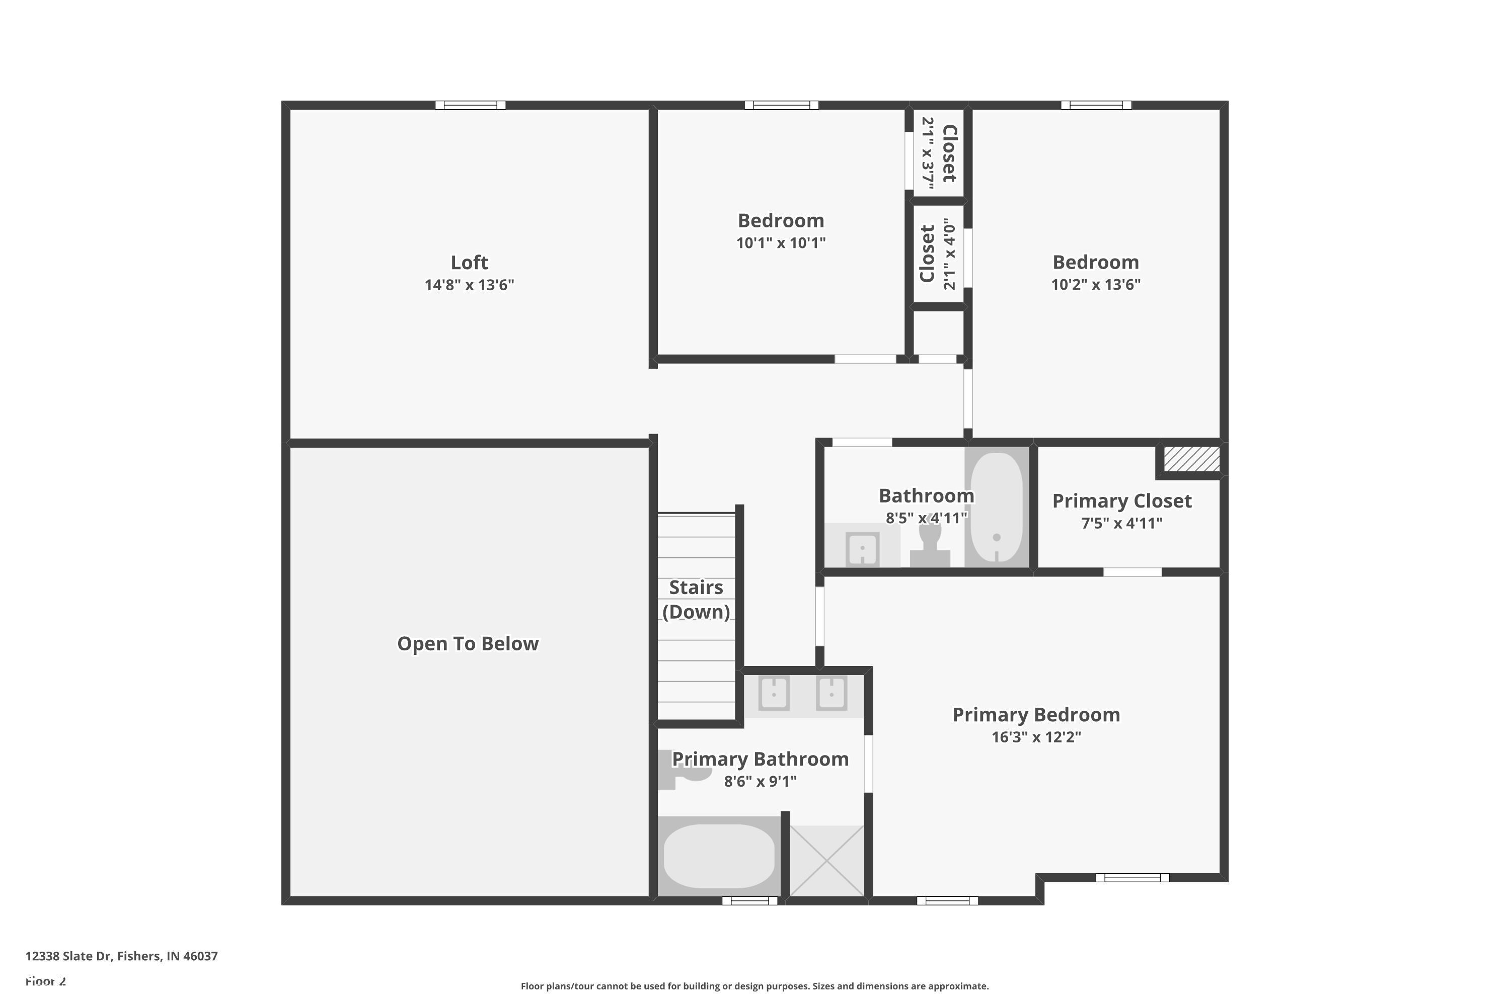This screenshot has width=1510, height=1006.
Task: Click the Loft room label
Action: pos(469,263)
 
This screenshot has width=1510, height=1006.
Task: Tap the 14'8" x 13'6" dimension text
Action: pos(469,285)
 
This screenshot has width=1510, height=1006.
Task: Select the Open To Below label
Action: pos(468,643)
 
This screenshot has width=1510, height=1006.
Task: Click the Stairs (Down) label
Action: pos(696,599)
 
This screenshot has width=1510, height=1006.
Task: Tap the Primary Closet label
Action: pos(1121,501)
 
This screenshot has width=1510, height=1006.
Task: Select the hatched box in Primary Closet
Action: pos(1191,459)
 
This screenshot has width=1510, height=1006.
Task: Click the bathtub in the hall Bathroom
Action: pos(997,507)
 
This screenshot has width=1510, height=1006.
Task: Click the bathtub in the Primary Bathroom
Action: pos(719,857)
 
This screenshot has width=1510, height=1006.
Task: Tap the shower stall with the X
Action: pos(827,861)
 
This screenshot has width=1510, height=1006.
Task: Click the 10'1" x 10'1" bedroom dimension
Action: pos(781,243)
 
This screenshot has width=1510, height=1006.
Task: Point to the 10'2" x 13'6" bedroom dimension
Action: pos(1095,285)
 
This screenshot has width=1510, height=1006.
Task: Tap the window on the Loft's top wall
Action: pos(471,105)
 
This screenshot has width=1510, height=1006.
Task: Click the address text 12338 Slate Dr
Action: pos(122,956)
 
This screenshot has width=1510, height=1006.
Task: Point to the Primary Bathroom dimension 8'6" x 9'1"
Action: pos(760,782)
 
